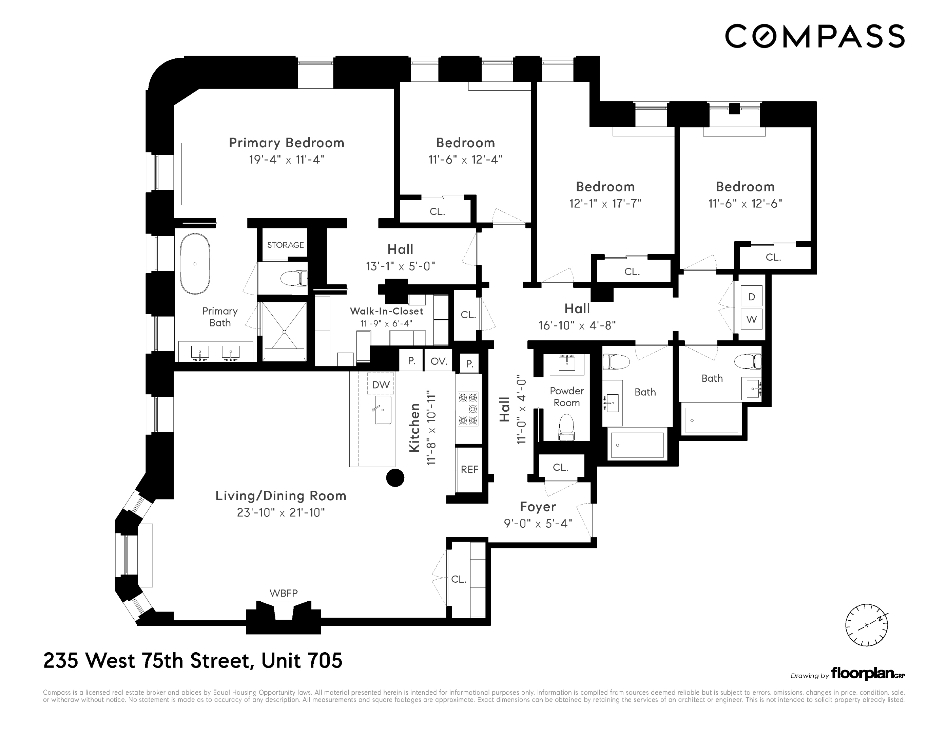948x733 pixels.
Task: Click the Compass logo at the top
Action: [815, 36]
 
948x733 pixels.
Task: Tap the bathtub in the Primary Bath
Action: [195, 264]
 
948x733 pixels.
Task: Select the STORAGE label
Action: [285, 245]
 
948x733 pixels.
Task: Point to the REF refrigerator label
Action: [469, 469]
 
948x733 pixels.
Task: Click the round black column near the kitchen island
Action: [395, 478]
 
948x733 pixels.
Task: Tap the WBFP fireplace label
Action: [284, 593]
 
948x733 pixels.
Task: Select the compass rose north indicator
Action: [866, 625]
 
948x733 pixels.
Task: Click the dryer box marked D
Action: [751, 297]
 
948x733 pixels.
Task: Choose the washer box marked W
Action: [751, 320]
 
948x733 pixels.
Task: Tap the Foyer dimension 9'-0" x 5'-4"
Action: [538, 524]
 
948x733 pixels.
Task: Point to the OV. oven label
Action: [439, 361]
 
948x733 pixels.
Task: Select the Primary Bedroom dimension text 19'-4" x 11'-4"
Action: [287, 159]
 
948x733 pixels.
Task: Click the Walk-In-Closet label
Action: [386, 311]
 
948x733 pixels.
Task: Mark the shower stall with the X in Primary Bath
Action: [284, 331]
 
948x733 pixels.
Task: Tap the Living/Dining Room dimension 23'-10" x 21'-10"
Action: [281, 513]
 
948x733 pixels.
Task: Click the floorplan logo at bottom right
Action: [867, 674]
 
